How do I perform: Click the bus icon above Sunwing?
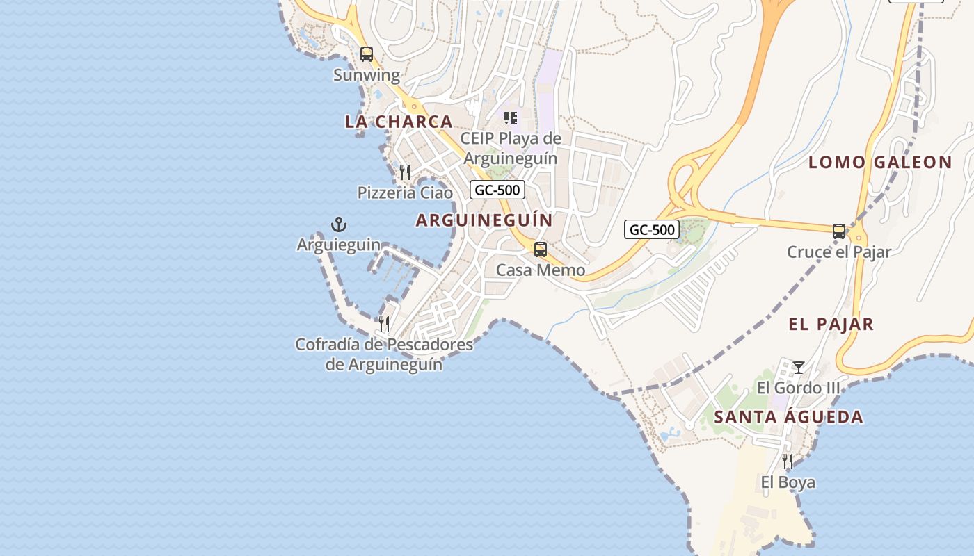pyautogui.click(x=367, y=54)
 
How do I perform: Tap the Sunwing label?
pyautogui.click(x=367, y=75)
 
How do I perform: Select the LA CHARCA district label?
pyautogui.click(x=399, y=122)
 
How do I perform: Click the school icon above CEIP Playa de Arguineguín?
pyautogui.click(x=511, y=118)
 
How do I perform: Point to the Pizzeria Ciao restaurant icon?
pyautogui.click(x=404, y=172)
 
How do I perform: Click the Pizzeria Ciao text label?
pyautogui.click(x=405, y=193)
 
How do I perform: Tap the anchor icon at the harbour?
pyautogui.click(x=338, y=224)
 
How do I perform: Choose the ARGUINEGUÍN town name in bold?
pyautogui.click(x=484, y=220)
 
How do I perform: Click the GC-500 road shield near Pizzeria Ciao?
pyautogui.click(x=497, y=190)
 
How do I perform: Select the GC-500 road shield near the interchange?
pyautogui.click(x=651, y=229)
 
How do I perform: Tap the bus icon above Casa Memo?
pyautogui.click(x=541, y=249)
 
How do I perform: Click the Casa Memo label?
pyautogui.click(x=541, y=270)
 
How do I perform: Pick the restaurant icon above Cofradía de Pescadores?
pyautogui.click(x=383, y=323)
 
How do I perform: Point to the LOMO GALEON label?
pyautogui.click(x=880, y=163)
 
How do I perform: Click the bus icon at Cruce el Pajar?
pyautogui.click(x=839, y=231)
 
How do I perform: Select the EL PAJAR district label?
pyautogui.click(x=831, y=324)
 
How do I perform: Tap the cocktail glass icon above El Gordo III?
pyautogui.click(x=799, y=367)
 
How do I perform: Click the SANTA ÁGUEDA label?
pyautogui.click(x=789, y=418)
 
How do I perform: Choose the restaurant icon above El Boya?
pyautogui.click(x=788, y=461)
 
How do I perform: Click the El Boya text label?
pyautogui.click(x=788, y=482)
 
